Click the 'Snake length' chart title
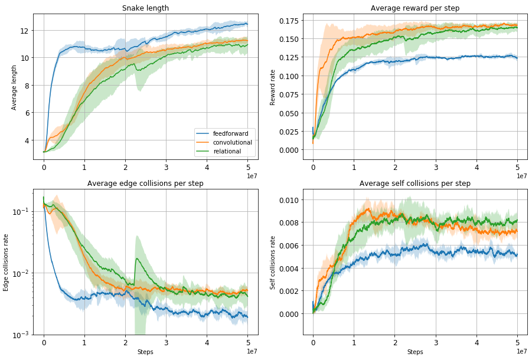click(x=145, y=8)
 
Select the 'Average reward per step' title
click(x=414, y=8)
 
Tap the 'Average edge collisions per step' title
click(x=145, y=184)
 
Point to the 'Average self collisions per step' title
click(x=414, y=184)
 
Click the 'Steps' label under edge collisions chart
click(x=145, y=352)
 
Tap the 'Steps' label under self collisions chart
click(x=414, y=352)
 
